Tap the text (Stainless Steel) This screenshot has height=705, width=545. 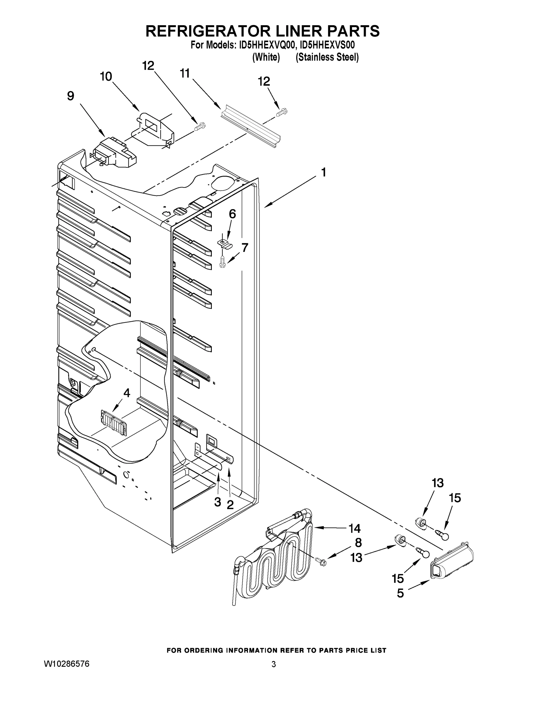click(x=327, y=57)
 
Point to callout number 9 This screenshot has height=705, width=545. click(x=71, y=96)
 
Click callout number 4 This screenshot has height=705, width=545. click(x=127, y=393)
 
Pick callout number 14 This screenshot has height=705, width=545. click(x=354, y=528)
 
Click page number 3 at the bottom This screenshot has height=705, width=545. click(x=274, y=664)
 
